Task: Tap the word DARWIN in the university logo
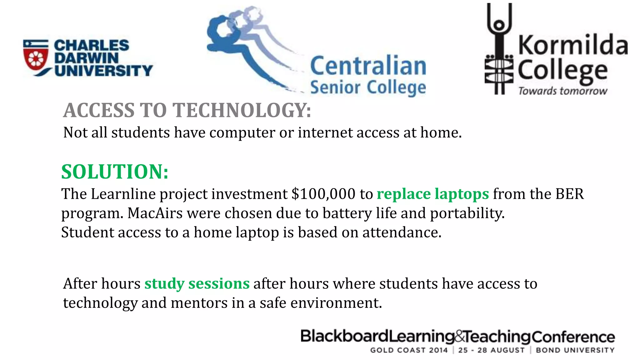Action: [x=86, y=58]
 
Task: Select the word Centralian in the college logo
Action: [x=368, y=66]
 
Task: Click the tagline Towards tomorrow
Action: [x=562, y=91]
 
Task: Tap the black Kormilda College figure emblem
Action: [x=499, y=50]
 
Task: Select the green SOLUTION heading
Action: [x=115, y=172]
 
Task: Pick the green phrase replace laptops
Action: [x=432, y=194]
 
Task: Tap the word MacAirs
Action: [x=155, y=213]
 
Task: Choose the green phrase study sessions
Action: [x=197, y=284]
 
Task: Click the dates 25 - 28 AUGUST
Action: [x=492, y=350]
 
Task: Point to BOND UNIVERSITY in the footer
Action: [x=575, y=350]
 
